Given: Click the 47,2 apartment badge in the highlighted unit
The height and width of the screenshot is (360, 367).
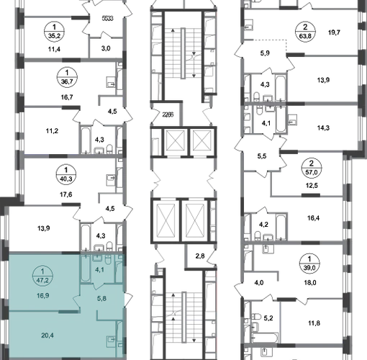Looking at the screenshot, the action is (x=42, y=276).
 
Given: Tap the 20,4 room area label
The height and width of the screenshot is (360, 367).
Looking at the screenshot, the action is (x=47, y=336).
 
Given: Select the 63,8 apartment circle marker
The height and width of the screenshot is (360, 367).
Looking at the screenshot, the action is (x=305, y=32).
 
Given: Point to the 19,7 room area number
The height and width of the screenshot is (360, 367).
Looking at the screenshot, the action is (x=334, y=32).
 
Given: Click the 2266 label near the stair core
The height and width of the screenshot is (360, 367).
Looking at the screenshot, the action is (x=168, y=114).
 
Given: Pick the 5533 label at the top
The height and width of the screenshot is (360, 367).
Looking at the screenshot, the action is (x=107, y=19).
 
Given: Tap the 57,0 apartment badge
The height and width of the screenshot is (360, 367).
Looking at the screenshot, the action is (x=311, y=168).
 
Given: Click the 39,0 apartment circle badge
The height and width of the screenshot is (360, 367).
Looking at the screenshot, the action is (x=309, y=264).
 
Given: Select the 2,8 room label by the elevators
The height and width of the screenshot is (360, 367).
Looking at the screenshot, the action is (x=200, y=256).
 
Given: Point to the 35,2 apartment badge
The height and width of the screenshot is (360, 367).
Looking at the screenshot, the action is (x=54, y=32).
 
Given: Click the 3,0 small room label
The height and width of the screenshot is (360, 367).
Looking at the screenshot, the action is (x=106, y=48).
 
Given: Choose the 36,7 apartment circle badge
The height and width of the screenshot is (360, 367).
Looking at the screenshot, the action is (x=67, y=77).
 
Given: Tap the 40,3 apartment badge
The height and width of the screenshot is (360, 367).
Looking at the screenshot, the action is (x=66, y=175).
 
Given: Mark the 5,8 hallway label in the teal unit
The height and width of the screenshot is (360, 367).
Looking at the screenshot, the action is (x=101, y=299).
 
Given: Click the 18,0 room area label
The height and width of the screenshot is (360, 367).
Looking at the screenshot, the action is (x=310, y=283).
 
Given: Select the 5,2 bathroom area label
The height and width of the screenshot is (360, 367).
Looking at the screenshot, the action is (x=268, y=318).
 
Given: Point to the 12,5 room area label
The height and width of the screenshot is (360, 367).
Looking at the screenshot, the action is (x=312, y=186).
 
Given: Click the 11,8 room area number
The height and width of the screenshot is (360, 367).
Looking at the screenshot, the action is (x=314, y=323).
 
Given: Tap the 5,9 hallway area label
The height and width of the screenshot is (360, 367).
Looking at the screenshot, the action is (x=265, y=53).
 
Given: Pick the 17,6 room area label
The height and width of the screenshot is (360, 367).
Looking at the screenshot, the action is (x=66, y=194).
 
